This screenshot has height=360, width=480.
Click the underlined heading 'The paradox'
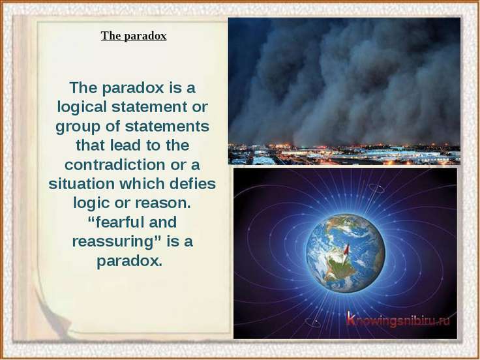pyautogui.click(x=134, y=36)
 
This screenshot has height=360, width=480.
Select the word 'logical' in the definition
pyautogui.click(x=82, y=107)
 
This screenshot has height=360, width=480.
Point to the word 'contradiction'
pyautogui.click(x=115, y=165)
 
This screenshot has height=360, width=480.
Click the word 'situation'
pyautogui.click(x=82, y=184)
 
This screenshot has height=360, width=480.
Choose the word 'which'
pyautogui.click(x=142, y=184)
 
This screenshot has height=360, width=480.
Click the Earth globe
pyautogui.click(x=345, y=253)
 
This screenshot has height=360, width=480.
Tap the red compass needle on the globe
pyautogui.click(x=346, y=250)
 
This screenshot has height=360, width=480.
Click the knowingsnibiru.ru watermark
pyautogui.click(x=398, y=320)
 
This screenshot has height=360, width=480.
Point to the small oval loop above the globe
pyautogui.click(x=376, y=188)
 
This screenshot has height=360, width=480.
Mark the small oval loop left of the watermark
pyautogui.click(x=313, y=322)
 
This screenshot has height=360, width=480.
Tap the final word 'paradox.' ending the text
pyautogui.click(x=130, y=261)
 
